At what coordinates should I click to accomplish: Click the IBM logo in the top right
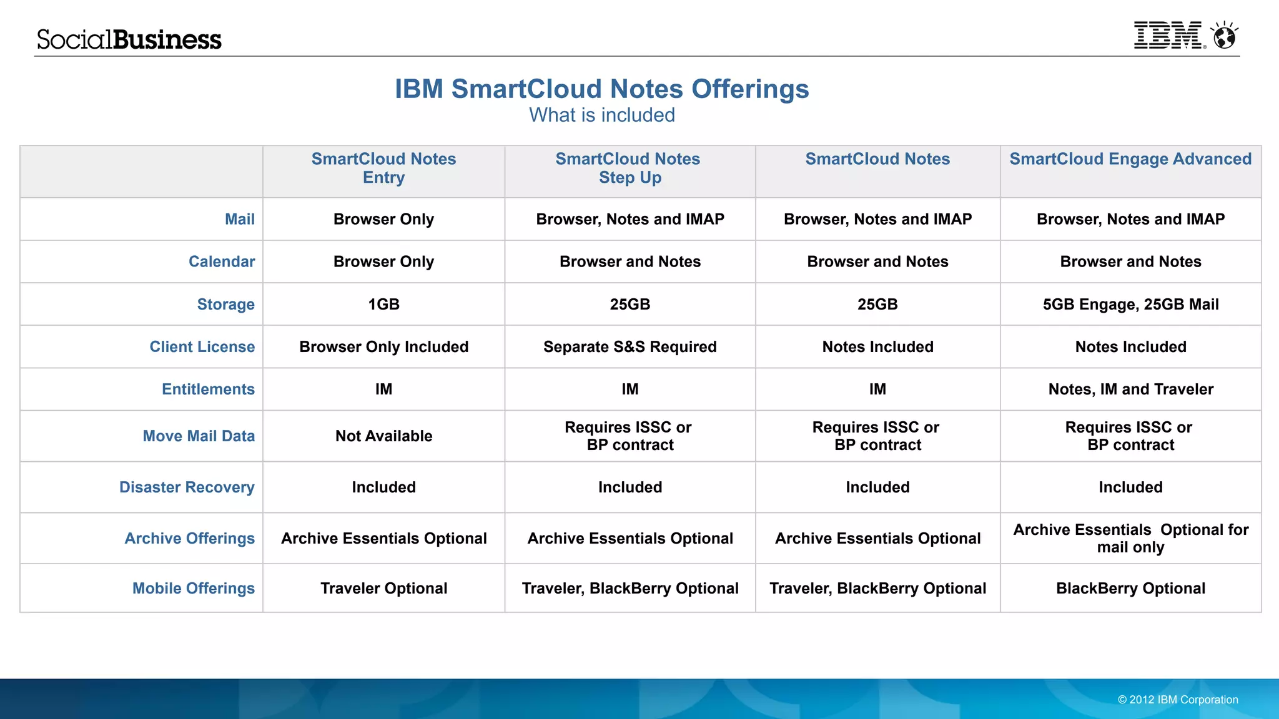pyautogui.click(x=1168, y=36)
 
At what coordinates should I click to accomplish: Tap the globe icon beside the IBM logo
pyautogui.click(x=1224, y=36)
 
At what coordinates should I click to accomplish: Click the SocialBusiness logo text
pyautogui.click(x=129, y=39)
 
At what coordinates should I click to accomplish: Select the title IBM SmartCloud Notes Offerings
pyautogui.click(x=601, y=89)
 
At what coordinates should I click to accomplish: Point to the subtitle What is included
pyautogui.click(x=601, y=115)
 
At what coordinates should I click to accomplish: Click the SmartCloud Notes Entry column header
pyautogui.click(x=383, y=168)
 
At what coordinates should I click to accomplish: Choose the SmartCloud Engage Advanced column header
pyautogui.click(x=1130, y=159)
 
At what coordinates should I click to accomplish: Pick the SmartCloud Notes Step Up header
pyautogui.click(x=630, y=168)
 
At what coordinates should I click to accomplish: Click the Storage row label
pyautogui.click(x=225, y=304)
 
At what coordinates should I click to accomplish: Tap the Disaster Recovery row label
pyautogui.click(x=187, y=487)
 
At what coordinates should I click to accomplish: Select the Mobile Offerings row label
pyautogui.click(x=193, y=588)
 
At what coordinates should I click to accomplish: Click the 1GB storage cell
pyautogui.click(x=383, y=304)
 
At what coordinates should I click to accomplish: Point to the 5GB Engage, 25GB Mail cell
pyautogui.click(x=1130, y=304)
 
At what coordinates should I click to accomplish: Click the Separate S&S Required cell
pyautogui.click(x=630, y=346)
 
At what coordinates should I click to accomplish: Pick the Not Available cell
pyautogui.click(x=383, y=436)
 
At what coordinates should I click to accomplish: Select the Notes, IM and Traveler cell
pyautogui.click(x=1130, y=389)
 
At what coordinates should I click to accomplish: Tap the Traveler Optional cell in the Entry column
pyautogui.click(x=383, y=588)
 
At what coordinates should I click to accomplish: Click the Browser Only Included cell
pyautogui.click(x=383, y=346)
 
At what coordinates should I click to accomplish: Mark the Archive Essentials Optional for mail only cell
pyautogui.click(x=1130, y=538)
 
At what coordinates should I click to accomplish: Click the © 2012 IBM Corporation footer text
pyautogui.click(x=1178, y=700)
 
